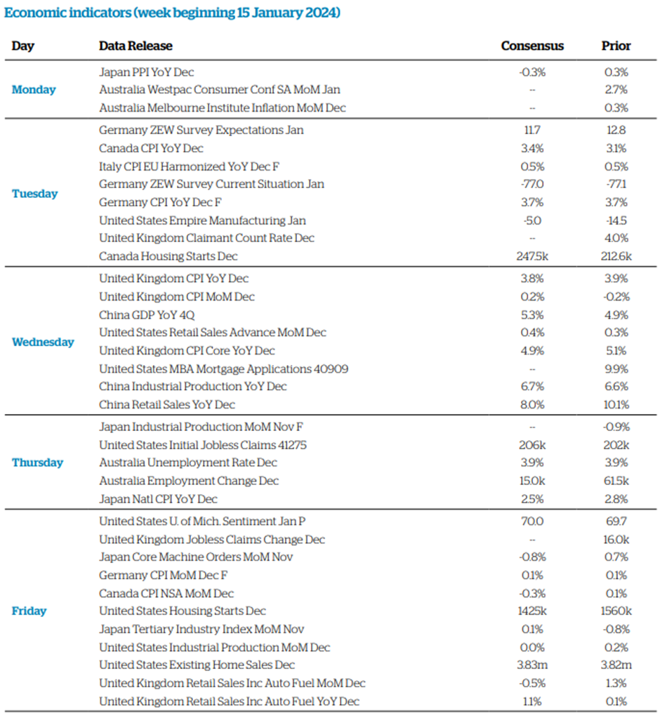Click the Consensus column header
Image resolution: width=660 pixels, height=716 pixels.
[532, 46]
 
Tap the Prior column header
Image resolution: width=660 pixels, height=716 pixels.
[616, 46]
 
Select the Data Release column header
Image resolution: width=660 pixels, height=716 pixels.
[136, 46]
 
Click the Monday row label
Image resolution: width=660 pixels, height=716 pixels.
[34, 90]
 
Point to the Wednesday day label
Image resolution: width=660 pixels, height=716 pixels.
[43, 342]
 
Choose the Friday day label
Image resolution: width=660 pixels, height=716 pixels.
[29, 611]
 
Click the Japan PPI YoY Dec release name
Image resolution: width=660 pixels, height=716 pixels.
[147, 72]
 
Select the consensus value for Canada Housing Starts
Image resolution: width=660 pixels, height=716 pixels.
[532, 256]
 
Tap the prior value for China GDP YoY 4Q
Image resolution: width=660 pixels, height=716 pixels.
[616, 315]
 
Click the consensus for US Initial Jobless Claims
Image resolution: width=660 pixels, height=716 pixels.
[532, 445]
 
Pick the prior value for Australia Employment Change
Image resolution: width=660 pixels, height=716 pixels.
[616, 481]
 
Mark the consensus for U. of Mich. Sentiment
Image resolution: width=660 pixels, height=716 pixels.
[532, 522]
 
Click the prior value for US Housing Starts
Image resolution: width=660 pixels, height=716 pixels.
[616, 611]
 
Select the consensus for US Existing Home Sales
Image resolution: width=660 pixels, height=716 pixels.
[532, 665]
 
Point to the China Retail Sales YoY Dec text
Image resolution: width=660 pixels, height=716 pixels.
[167, 404]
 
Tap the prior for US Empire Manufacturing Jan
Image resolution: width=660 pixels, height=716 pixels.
[616, 220]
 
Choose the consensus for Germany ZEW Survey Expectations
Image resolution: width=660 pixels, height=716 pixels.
[532, 130]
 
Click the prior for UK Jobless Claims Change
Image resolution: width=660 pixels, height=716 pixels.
[616, 540]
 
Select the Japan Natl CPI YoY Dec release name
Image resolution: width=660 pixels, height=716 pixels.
[158, 499]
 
